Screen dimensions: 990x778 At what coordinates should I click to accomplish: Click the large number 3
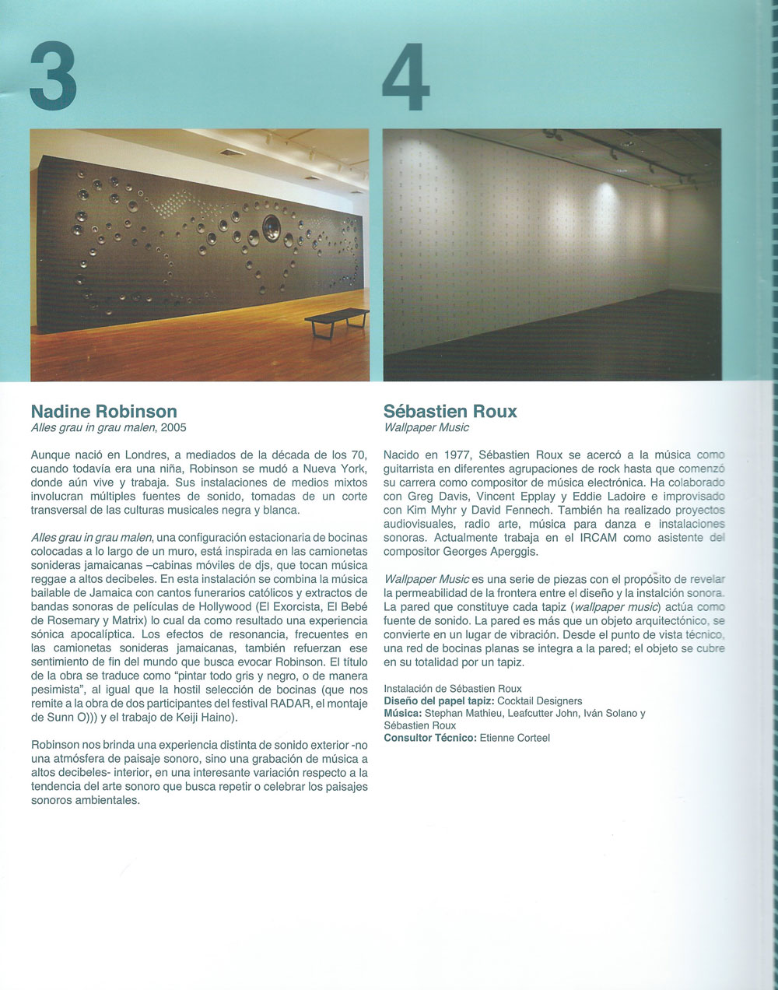(54, 79)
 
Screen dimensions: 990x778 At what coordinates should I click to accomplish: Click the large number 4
(407, 79)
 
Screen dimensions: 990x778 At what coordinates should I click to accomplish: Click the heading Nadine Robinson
(103, 411)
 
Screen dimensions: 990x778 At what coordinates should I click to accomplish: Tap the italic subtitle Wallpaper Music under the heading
(426, 427)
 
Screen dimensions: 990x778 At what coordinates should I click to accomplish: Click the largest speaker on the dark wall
(272, 227)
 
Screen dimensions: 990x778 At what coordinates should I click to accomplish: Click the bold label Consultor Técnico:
(429, 737)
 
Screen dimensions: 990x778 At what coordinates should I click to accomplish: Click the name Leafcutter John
(545, 713)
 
